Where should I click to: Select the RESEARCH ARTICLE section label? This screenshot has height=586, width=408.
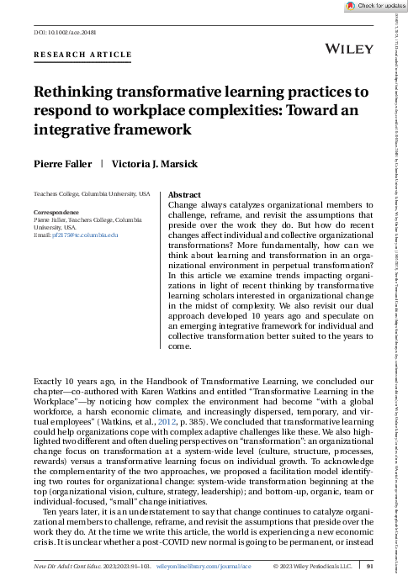coord(82,55)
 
